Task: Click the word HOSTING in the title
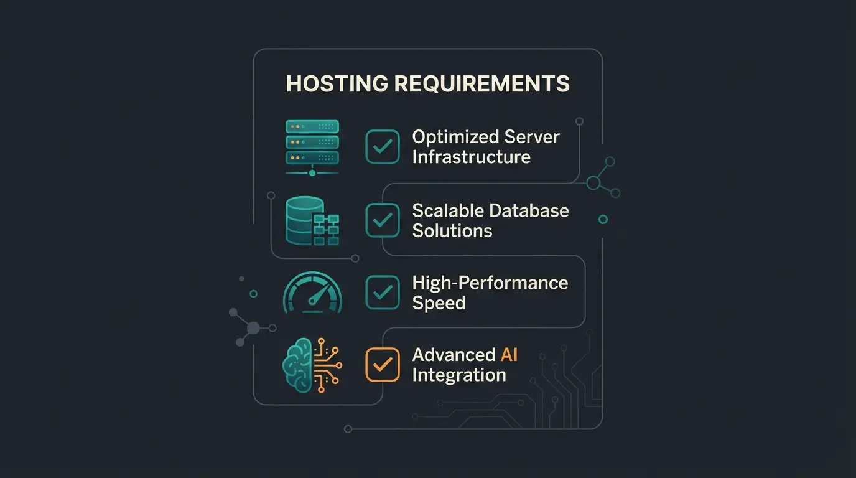(337, 84)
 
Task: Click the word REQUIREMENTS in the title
(481, 84)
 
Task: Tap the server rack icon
(312, 147)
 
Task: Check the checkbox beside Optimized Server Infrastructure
(382, 147)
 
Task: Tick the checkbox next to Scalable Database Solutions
(382, 220)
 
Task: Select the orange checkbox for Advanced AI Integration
(382, 365)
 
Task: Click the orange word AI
(509, 355)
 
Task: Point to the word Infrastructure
(471, 156)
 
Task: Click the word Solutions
(452, 231)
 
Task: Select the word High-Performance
(490, 283)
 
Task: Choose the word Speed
(439, 303)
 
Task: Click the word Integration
(458, 375)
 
